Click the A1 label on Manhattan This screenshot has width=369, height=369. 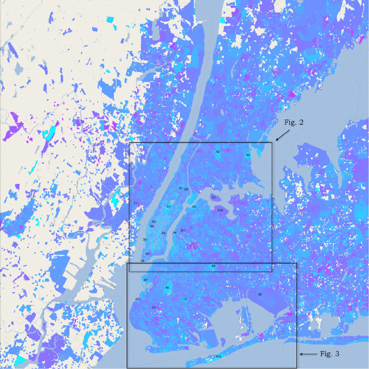click(x=169, y=206)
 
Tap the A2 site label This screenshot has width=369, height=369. click(x=218, y=152)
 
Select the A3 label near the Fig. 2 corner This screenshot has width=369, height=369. click(x=248, y=155)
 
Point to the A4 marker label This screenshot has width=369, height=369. click(x=180, y=189)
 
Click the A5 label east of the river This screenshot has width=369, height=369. click(x=194, y=206)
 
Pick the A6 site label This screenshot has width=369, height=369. click(x=174, y=232)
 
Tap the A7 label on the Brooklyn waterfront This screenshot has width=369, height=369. click(x=145, y=280)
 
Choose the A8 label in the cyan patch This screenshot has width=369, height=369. click(x=167, y=288)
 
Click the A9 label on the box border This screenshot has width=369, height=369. click(x=213, y=266)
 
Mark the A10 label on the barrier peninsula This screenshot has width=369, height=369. click(x=219, y=357)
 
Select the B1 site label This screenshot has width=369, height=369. click(x=183, y=230)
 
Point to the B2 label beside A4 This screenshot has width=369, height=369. click(x=186, y=190)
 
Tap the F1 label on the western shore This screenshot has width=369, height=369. click(x=137, y=299)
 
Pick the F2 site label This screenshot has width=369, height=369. click(x=155, y=307)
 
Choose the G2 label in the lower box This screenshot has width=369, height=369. click(x=185, y=299)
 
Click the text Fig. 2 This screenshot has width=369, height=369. click(x=293, y=122)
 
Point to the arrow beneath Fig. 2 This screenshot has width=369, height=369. click(x=283, y=134)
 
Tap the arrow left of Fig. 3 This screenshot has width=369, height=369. click(x=308, y=353)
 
